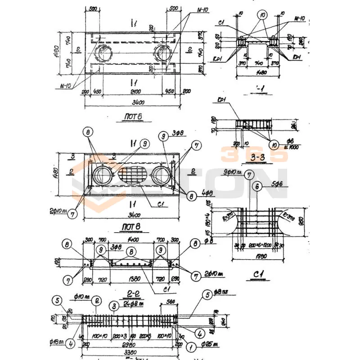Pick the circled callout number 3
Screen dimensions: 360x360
coord(115,306)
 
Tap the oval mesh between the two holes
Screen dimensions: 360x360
coord(133,175)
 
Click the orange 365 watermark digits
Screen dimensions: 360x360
coord(254,154)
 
